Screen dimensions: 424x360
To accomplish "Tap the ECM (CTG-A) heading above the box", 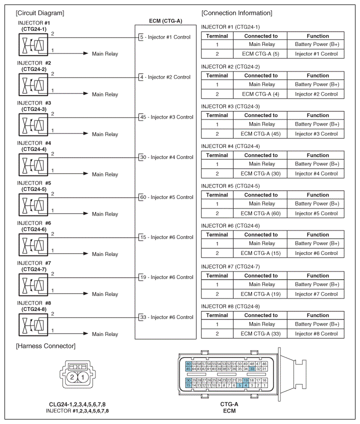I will pyautogui.click(x=165, y=21).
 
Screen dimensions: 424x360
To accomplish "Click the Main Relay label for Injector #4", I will pyautogui.click(x=105, y=174).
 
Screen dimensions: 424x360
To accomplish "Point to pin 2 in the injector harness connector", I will pyautogui.click(x=72, y=377).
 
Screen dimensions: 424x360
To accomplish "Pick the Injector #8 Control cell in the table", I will pyautogui.click(x=316, y=333).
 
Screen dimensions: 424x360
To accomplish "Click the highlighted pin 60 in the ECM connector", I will pyautogui.click(x=188, y=363).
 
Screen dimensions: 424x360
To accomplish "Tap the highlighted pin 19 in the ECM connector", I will pyautogui.click(x=245, y=380).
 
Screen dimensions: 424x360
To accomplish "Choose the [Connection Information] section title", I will pyautogui.click(x=236, y=12).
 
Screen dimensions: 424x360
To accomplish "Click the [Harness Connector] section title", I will pyautogui.click(x=45, y=346).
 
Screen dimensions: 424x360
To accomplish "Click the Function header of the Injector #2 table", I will pyautogui.click(x=316, y=75).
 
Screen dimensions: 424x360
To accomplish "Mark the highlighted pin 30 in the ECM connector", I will pyautogui.click(x=188, y=380).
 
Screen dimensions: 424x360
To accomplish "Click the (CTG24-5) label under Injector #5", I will pyautogui.click(x=34, y=189).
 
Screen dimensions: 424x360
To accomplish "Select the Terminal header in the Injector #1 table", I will pyautogui.click(x=217, y=36).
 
